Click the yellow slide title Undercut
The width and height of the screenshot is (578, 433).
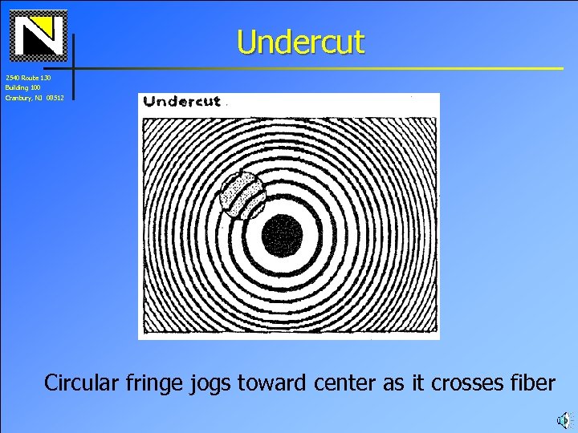tap(300, 42)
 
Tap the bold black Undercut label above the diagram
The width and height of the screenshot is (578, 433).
tap(181, 101)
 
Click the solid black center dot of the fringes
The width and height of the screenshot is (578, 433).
tap(283, 236)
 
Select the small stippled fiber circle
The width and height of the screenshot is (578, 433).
tap(242, 196)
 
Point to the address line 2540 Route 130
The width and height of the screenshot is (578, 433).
tap(28, 78)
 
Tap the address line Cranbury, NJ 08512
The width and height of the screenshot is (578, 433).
tap(35, 97)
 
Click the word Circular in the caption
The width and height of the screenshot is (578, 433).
tap(82, 383)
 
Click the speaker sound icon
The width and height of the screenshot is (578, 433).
tap(564, 419)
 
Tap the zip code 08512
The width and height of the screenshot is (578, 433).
tap(55, 97)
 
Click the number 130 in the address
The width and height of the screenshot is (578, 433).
tap(46, 78)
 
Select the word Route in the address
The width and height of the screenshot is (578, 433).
tap(30, 78)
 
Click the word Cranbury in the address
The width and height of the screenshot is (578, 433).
tap(18, 97)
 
